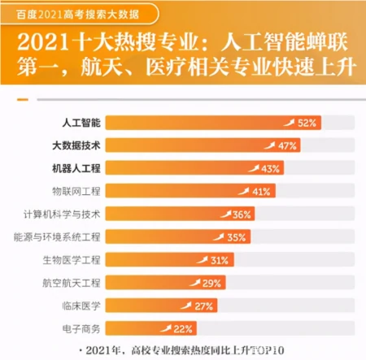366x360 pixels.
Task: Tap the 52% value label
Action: (307, 123)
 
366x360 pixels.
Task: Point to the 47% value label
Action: (286, 145)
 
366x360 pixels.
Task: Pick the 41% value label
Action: (261, 192)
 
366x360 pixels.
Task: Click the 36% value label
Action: (242, 215)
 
